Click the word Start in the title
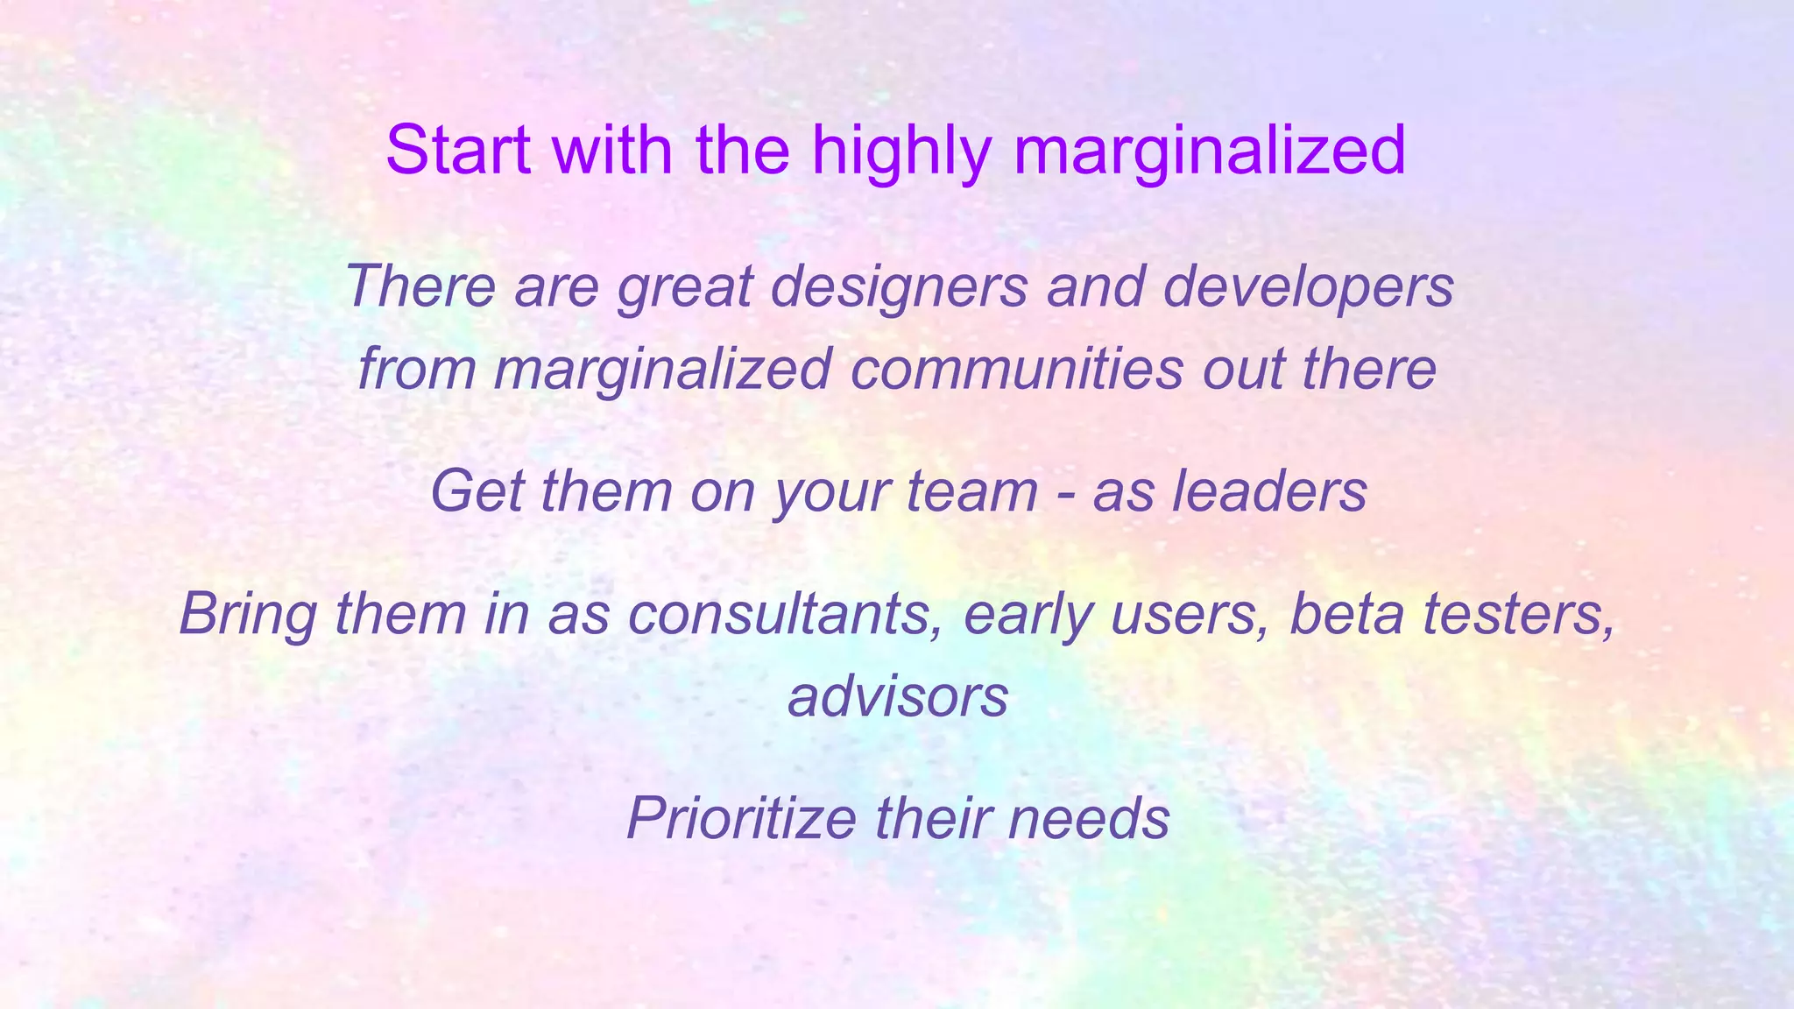pos(458,150)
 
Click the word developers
pos(1308,288)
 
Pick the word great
pos(685,288)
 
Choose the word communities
pos(1016,369)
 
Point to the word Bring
pos(248,616)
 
